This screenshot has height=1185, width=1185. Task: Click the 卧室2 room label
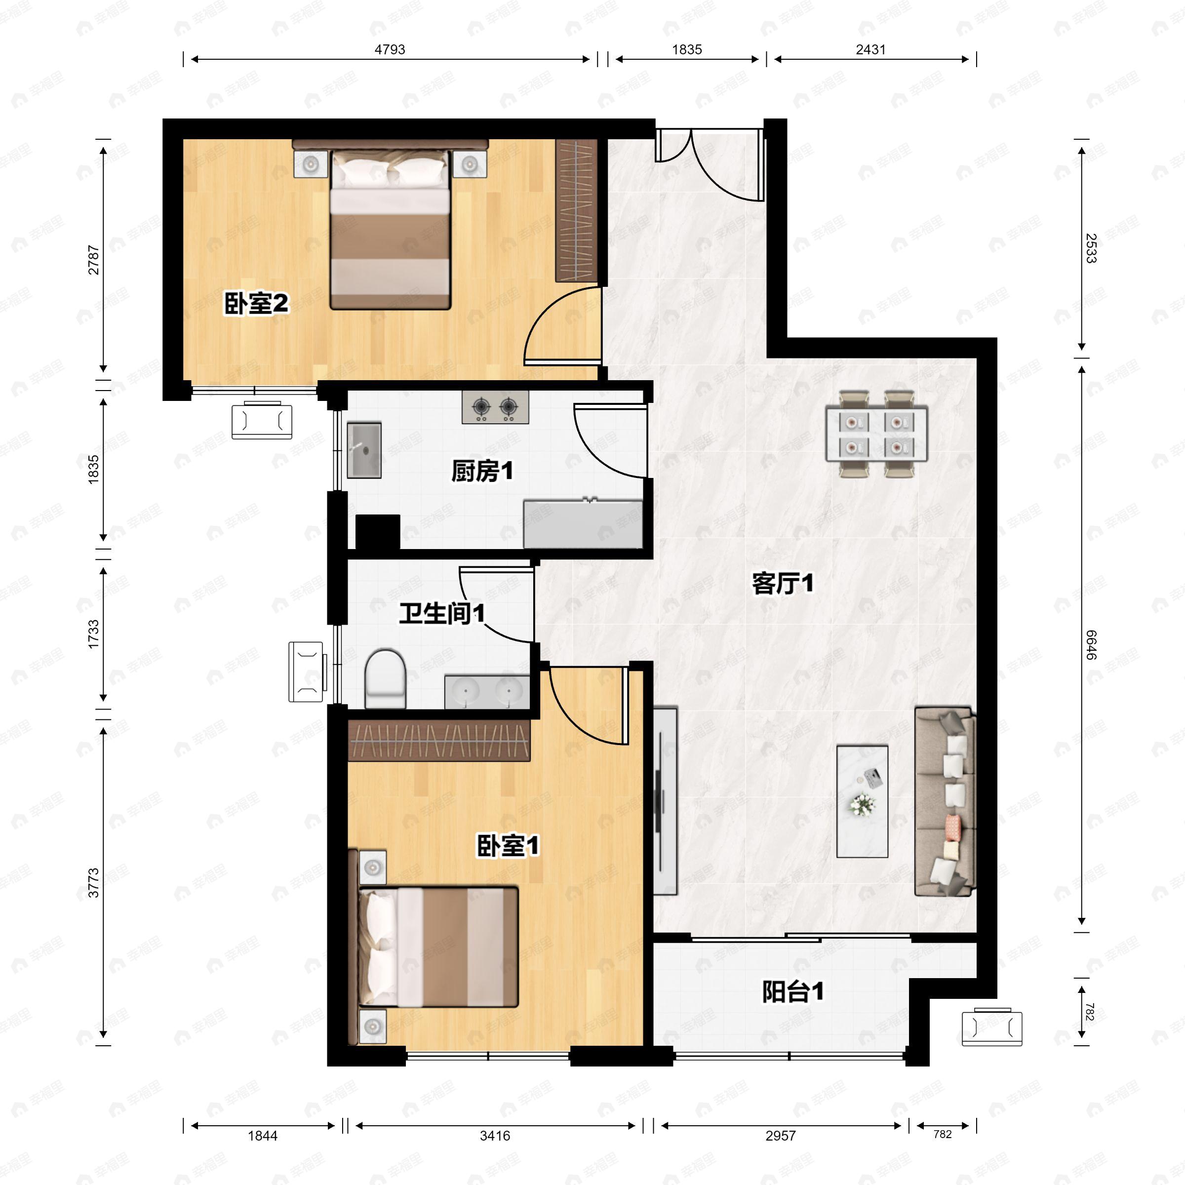coord(256,304)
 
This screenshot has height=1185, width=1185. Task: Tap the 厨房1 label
coord(482,471)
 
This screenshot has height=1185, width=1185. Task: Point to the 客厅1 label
coord(783,583)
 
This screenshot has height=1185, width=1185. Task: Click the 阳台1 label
coord(793,992)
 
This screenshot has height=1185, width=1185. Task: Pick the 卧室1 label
coord(508,846)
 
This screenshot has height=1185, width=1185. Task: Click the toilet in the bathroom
coord(385,679)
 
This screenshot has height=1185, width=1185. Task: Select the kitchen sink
coord(364,450)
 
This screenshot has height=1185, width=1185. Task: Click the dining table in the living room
coord(876,433)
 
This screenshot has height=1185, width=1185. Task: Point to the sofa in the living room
coord(945,801)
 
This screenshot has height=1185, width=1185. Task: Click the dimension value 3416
coord(495,1136)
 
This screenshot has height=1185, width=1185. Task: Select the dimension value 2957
coord(780,1136)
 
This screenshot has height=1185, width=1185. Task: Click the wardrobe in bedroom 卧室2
coord(577,211)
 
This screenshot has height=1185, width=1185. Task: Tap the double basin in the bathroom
coord(487,692)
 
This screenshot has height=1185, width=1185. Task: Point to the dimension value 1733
coord(93,634)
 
